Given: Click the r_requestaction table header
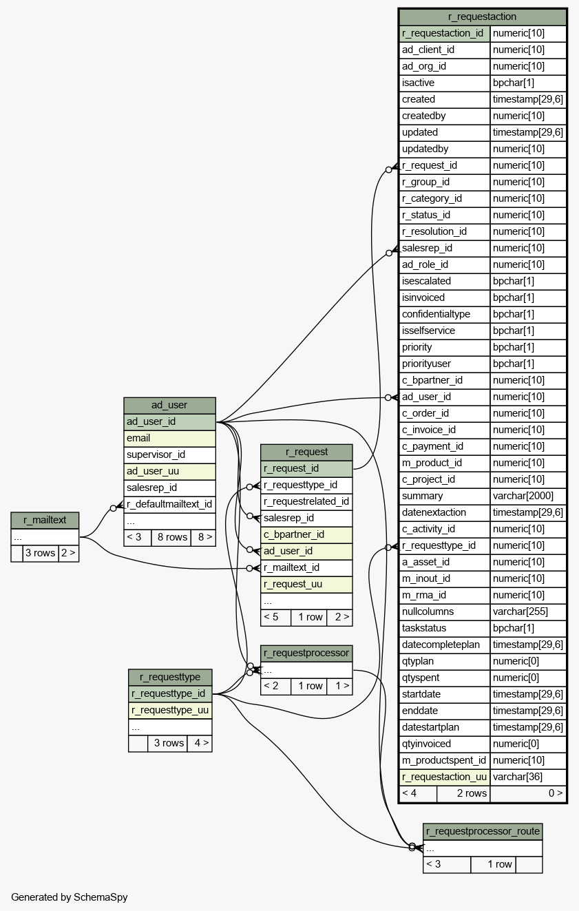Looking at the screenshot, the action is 482,17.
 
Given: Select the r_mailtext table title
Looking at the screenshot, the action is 45,520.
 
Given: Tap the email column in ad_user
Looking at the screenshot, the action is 169,439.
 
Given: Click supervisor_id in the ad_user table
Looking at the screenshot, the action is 169,455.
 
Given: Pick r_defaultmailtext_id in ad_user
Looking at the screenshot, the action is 169,505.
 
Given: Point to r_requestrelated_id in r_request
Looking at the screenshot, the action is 306,502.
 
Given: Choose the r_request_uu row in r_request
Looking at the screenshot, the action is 306,585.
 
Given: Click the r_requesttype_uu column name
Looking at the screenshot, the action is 170,711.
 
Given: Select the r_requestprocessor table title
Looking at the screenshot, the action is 306,653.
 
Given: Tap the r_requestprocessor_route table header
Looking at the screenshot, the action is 483,832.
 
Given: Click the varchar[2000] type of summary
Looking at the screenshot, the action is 528,496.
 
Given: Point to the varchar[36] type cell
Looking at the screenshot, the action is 528,777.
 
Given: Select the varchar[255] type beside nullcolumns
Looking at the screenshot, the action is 528,612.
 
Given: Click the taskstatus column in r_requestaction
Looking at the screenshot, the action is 445,629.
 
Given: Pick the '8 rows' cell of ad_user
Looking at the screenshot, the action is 171,538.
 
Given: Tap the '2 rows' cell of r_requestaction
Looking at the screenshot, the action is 464,793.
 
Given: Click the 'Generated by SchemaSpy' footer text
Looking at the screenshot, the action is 70,897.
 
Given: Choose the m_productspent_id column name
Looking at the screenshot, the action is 445,760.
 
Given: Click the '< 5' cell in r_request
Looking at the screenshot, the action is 276,618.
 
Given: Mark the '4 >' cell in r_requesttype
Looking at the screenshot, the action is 200,744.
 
